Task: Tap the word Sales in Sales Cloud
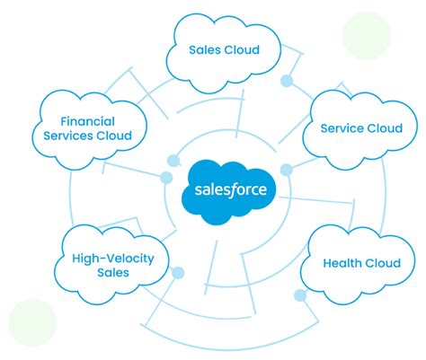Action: pyautogui.click(x=207, y=50)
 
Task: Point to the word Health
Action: pyautogui.click(x=343, y=264)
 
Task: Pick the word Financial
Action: pyautogui.click(x=92, y=121)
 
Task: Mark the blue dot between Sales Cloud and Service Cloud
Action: pyautogui.click(x=287, y=81)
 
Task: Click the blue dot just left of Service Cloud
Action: pyautogui.click(x=287, y=170)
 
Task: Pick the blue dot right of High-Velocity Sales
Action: pyautogui.click(x=177, y=272)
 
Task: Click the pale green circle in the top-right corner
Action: pyautogui.click(x=366, y=35)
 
